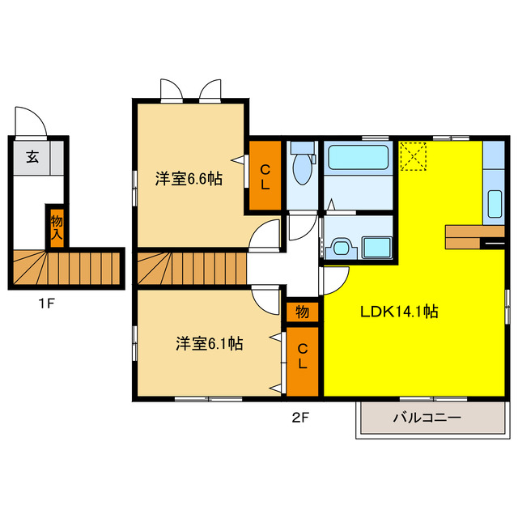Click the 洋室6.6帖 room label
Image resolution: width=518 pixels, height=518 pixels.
[189, 178]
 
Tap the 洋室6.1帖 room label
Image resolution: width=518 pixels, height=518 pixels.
[209, 344]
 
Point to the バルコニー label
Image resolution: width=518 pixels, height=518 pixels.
[427, 418]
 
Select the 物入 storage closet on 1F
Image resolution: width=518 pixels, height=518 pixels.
[56, 226]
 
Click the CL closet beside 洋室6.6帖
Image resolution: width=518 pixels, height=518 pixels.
[265, 176]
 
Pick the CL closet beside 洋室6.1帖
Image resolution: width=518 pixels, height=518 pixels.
[302, 356]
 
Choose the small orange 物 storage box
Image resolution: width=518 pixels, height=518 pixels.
[302, 311]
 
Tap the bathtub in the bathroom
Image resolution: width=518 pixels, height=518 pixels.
[359, 157]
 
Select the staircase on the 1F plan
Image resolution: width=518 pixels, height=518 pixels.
[66, 267]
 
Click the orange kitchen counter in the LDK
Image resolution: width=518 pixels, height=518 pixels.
[469, 236]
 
